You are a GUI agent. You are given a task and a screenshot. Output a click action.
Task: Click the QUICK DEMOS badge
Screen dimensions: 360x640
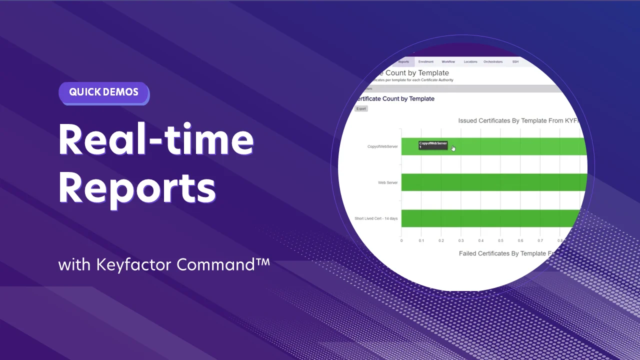[x=103, y=92]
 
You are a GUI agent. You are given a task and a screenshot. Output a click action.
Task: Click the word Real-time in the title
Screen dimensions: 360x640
[x=156, y=139]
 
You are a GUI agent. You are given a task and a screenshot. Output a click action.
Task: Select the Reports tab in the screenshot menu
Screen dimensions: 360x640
[x=403, y=61]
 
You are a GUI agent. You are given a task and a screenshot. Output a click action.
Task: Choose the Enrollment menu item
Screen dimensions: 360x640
[x=426, y=61]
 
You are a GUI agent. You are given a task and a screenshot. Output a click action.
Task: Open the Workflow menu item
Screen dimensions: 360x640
[x=448, y=61]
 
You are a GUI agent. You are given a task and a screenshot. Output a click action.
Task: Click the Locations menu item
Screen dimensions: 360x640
[x=470, y=61]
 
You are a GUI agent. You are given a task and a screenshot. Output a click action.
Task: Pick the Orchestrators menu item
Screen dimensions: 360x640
[x=493, y=61]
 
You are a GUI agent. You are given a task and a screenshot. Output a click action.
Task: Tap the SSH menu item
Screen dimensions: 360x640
[x=515, y=61]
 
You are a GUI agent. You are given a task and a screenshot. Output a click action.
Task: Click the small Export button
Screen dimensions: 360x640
[x=361, y=108]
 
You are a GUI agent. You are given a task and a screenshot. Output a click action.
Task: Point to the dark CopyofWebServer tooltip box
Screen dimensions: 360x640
[x=433, y=145]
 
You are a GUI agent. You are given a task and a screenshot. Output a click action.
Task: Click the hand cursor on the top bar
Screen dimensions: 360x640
[x=453, y=148]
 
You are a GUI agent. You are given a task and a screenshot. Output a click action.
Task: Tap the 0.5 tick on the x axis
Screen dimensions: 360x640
[x=500, y=240]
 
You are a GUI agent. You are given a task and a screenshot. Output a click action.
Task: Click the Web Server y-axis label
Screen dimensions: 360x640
[x=387, y=182]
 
